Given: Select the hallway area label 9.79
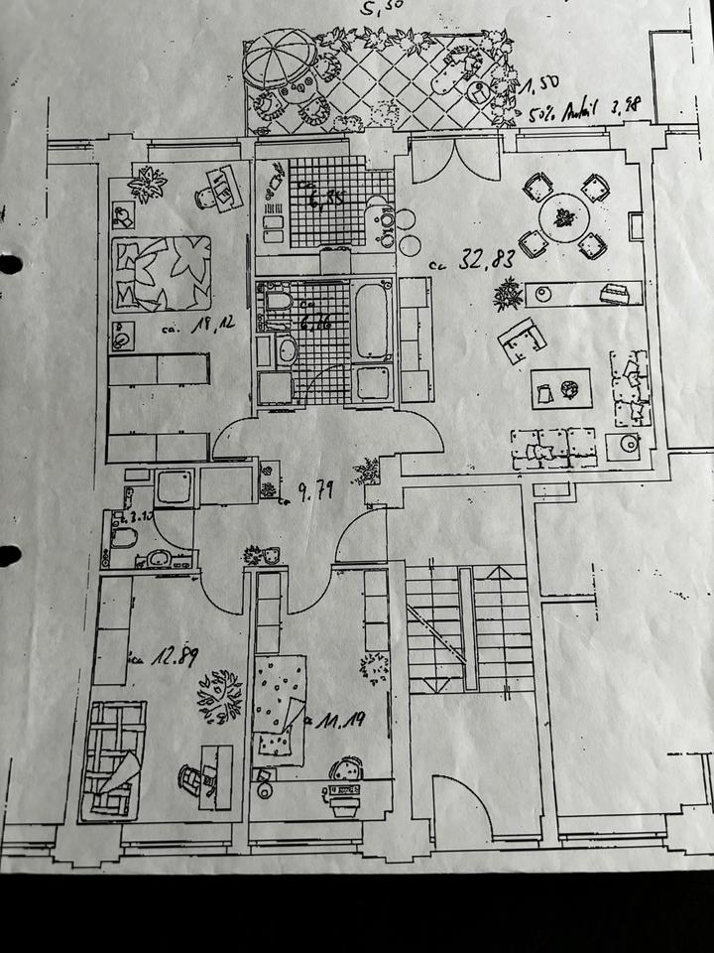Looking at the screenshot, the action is [312, 489].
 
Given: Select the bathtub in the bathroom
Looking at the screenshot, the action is [372, 320].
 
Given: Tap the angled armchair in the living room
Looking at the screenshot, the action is [524, 340].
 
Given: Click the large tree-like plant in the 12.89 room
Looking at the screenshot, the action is [220, 695].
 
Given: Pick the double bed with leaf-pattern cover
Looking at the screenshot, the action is [162, 272].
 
